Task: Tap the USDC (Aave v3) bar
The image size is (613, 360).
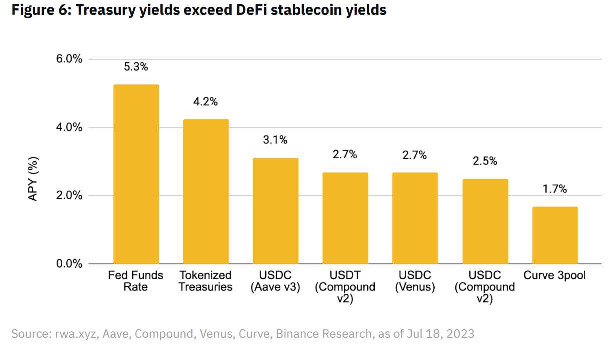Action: (275, 211)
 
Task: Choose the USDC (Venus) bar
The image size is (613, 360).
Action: (415, 218)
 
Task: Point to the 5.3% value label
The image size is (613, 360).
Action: (136, 67)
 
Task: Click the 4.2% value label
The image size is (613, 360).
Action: (206, 102)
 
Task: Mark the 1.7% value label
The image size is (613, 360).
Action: (555, 189)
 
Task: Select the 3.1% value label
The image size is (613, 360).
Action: (275, 140)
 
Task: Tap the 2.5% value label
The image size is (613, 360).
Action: (485, 161)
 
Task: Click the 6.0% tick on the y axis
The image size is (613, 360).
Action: (68, 59)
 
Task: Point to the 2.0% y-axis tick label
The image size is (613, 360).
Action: (68, 195)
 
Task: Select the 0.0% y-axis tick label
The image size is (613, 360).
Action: (68, 264)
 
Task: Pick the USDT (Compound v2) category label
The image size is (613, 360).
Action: (345, 287)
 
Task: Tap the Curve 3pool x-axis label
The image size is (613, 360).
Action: (555, 275)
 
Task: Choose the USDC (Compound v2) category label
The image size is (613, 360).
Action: (485, 287)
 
